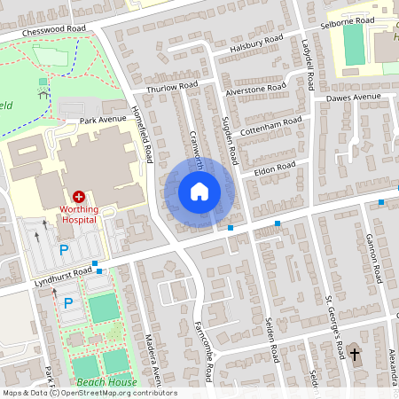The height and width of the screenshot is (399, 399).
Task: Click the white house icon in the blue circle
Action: click(199, 192)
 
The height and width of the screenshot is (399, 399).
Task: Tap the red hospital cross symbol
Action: click(78, 196)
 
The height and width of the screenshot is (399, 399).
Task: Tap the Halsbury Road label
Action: click(255, 43)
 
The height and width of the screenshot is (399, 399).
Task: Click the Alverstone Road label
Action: click(255, 90)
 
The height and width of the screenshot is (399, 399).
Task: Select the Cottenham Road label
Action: click(270, 122)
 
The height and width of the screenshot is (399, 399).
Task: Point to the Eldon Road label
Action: click(274, 167)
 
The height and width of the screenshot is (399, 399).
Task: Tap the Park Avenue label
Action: click(104, 119)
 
